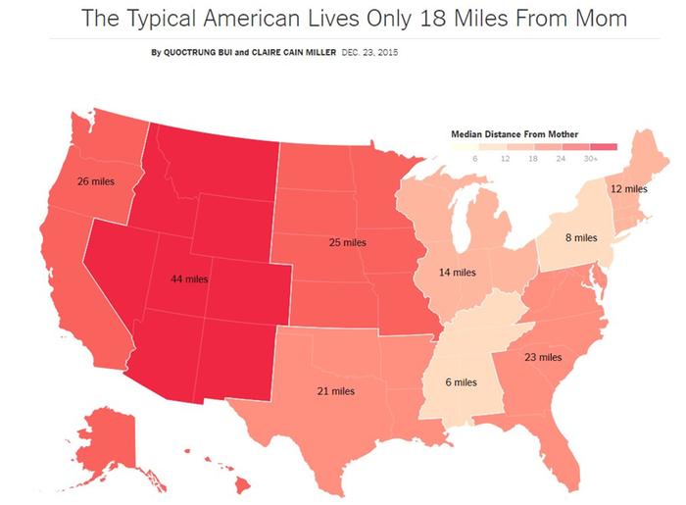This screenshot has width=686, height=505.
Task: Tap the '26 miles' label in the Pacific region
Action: tap(95, 181)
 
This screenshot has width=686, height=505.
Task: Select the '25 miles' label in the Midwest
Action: tap(347, 241)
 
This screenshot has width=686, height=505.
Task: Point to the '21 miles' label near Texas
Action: tap(335, 391)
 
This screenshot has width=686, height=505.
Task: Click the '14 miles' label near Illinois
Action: tap(457, 272)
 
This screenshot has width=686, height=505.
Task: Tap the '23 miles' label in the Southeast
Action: tap(543, 357)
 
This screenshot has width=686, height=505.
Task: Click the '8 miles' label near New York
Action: tap(580, 237)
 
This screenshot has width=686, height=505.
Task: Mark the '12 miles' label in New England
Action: tap(628, 188)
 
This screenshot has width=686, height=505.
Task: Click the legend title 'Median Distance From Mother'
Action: tap(514, 133)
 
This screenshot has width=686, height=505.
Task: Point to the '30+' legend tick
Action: tap(590, 158)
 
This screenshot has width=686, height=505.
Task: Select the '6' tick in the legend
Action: tap(475, 158)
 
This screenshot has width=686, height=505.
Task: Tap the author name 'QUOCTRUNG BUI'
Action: tap(197, 52)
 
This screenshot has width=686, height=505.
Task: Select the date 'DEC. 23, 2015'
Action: tap(377, 52)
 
